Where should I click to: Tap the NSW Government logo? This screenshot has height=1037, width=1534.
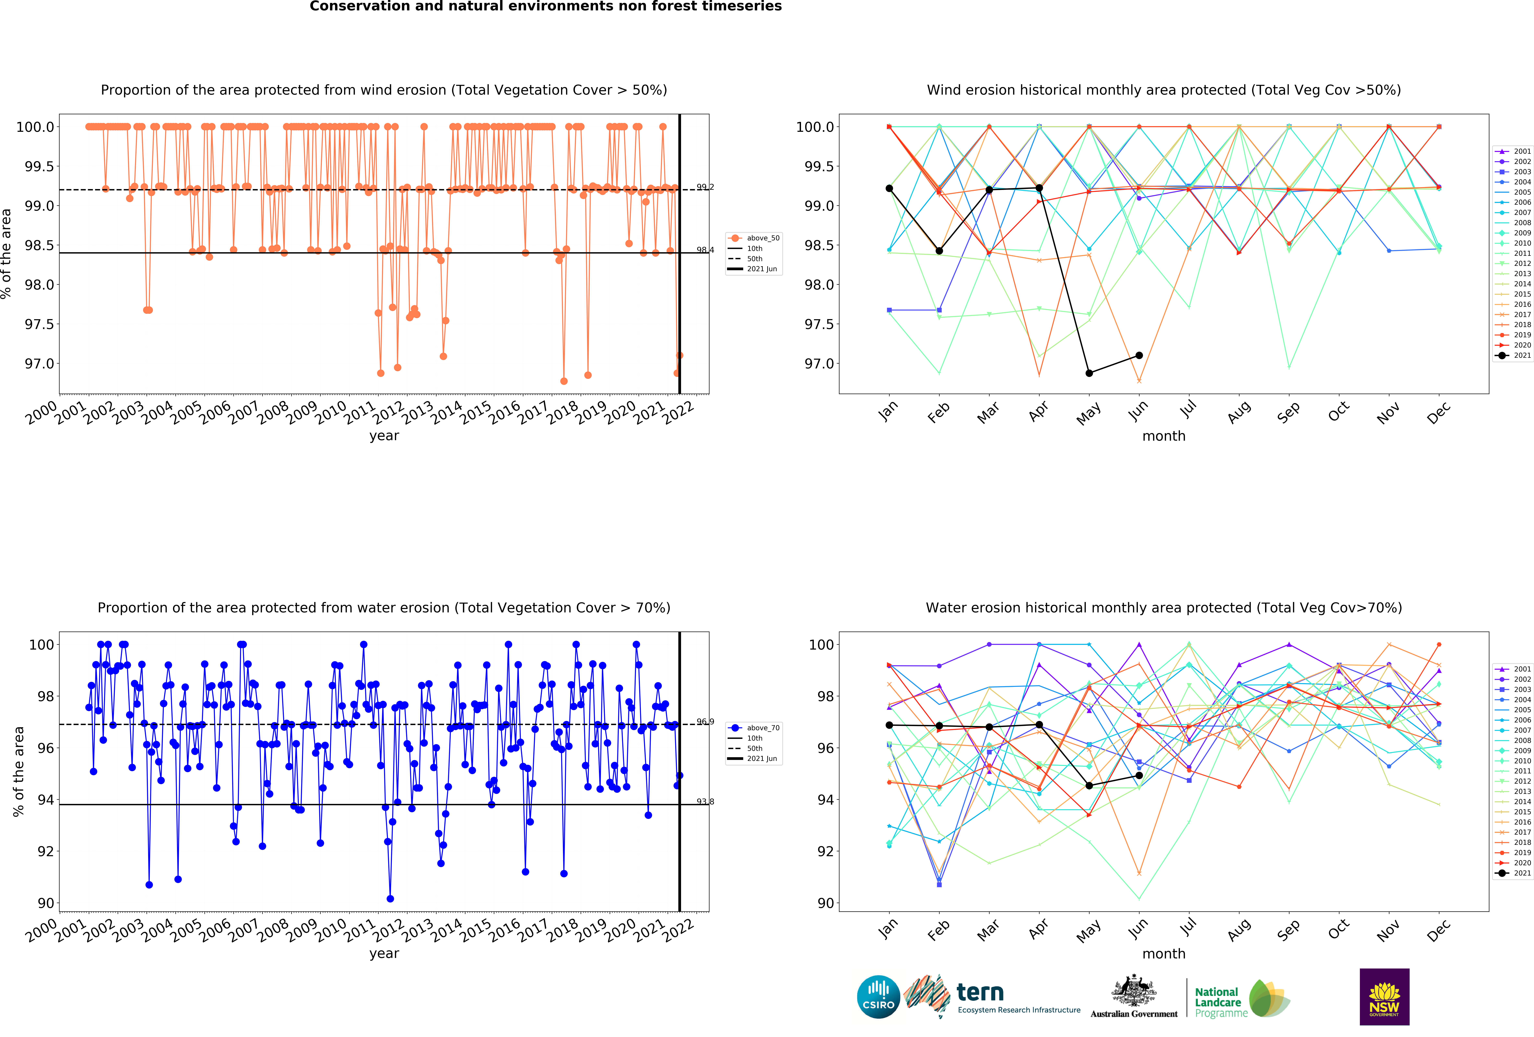1384,997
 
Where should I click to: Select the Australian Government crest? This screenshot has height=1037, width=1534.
1133,990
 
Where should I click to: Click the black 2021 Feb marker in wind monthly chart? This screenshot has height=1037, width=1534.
939,251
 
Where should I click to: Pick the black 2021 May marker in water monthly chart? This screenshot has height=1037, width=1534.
1089,786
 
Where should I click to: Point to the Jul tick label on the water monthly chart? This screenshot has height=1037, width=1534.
1188,927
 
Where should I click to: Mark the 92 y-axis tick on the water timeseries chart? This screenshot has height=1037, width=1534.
46,851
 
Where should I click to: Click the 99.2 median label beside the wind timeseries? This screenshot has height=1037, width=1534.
705,187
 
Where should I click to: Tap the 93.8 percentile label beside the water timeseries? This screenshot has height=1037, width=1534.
705,801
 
